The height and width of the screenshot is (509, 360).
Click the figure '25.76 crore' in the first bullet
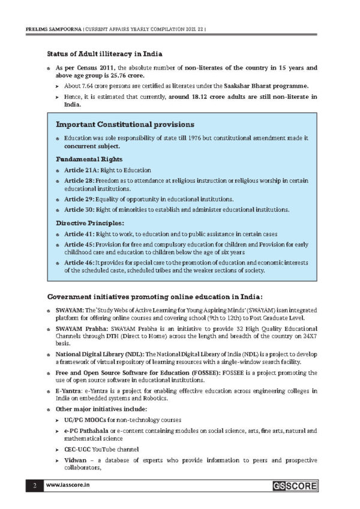pos(130,76)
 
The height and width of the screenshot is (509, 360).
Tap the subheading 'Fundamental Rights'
pos(89,159)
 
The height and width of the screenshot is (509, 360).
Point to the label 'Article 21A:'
pos(82,170)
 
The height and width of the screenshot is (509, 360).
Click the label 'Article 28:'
pos(80,181)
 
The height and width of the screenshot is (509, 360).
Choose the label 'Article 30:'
pos(80,210)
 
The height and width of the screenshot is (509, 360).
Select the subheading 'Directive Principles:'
pos(92,222)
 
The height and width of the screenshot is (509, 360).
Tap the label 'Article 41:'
pos(80,234)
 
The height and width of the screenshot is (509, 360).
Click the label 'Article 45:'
pos(80,245)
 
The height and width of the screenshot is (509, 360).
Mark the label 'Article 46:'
pos(80,263)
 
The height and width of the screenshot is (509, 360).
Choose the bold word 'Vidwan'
pos(75,460)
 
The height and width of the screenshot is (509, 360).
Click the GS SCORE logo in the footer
pos(293,486)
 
